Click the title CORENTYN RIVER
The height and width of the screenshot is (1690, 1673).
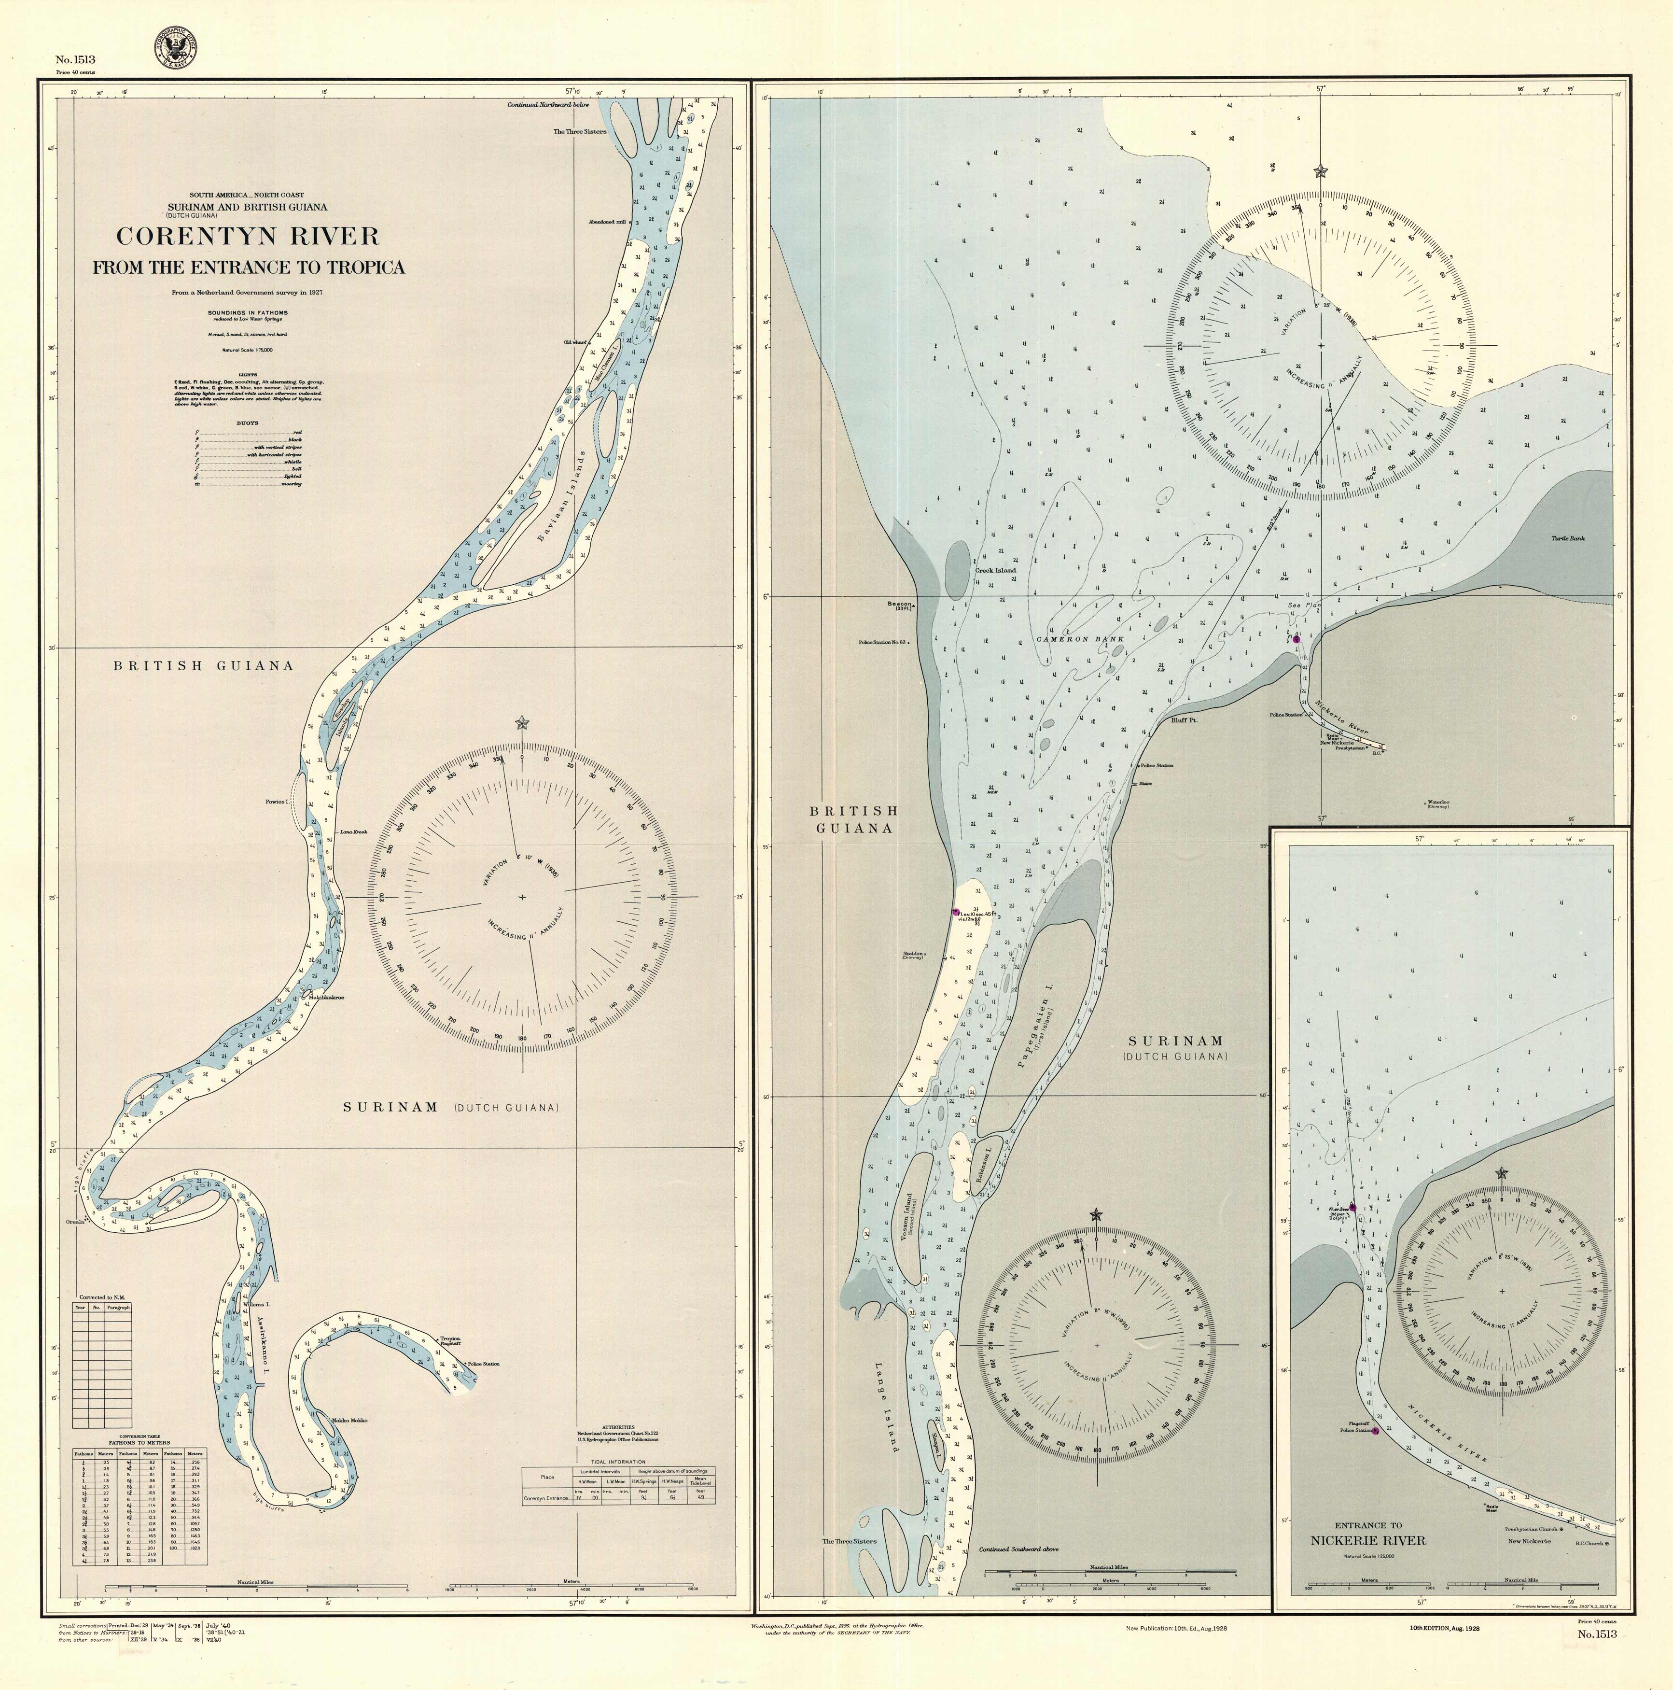click(x=249, y=236)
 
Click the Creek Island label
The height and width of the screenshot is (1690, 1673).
click(x=995, y=570)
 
